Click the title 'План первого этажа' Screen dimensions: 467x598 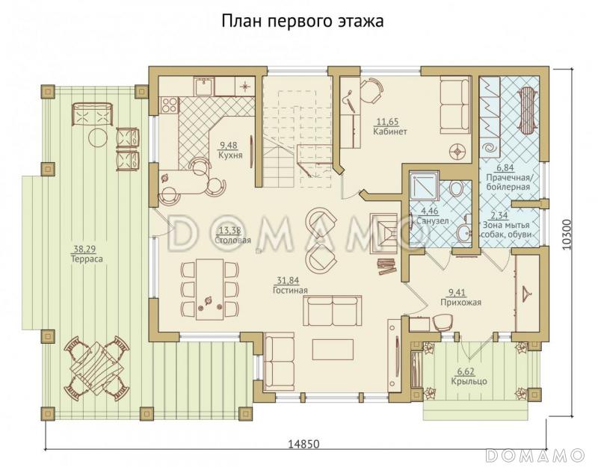(x=302, y=20)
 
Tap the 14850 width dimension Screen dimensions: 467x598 (x=303, y=444)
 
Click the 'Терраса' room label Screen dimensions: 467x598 (x=87, y=259)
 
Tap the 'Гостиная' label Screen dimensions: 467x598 (x=291, y=290)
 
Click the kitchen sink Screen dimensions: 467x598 (x=202, y=86)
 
